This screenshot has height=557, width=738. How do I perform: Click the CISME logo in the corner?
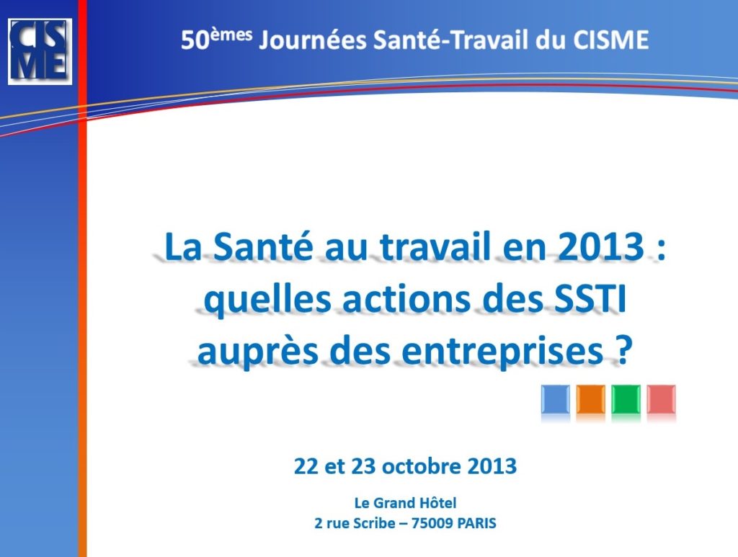[x=40, y=52]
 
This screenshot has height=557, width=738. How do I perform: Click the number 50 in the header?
[x=195, y=40]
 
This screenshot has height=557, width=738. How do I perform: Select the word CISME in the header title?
[x=610, y=40]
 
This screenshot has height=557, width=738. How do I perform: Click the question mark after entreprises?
[x=622, y=350]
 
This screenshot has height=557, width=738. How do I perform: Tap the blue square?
[x=556, y=399]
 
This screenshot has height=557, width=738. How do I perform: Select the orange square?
[x=591, y=399]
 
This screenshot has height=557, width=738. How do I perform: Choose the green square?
[x=626, y=399]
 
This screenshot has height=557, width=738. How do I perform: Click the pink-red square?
[x=662, y=399]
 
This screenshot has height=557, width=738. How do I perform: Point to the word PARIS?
[x=476, y=523]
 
